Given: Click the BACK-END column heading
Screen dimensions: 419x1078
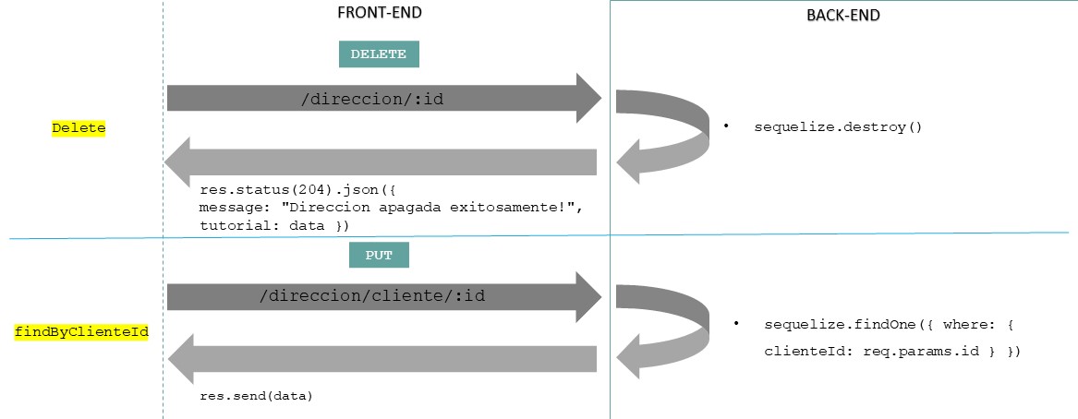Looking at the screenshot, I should pyautogui.click(x=843, y=16).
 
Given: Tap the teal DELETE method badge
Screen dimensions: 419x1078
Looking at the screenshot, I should pyautogui.click(x=379, y=54).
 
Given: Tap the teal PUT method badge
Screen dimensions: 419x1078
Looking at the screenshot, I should pyautogui.click(x=379, y=255).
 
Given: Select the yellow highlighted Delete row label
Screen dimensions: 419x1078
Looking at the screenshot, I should pyautogui.click(x=79, y=129).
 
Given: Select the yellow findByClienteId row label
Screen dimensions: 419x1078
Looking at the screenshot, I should pyautogui.click(x=82, y=330).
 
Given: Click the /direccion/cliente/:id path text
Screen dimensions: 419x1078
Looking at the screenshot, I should pyautogui.click(x=372, y=296).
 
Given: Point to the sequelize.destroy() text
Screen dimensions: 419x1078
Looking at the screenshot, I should pyautogui.click(x=838, y=126).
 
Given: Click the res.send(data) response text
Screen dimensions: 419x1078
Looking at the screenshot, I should pyautogui.click(x=256, y=396).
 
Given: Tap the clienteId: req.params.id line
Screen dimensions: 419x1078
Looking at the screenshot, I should pyautogui.click(x=891, y=352).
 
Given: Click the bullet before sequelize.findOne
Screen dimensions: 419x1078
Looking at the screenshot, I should pyautogui.click(x=736, y=324).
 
